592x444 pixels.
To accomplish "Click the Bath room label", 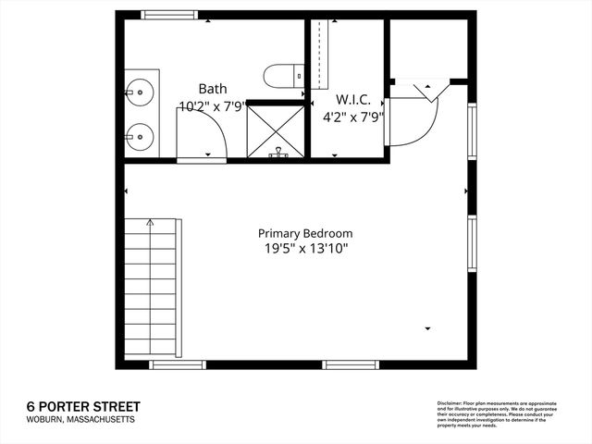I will [x=214, y=88].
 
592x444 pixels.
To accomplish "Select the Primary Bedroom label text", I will [x=304, y=234].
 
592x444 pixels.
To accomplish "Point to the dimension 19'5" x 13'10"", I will [x=304, y=249].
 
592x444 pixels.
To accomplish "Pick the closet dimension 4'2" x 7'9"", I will [x=352, y=117].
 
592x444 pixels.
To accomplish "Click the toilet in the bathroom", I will [x=282, y=75].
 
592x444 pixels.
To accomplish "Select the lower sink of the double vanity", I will [x=139, y=136].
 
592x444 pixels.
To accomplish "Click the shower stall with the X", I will [x=276, y=130].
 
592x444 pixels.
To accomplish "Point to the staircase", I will [x=150, y=287].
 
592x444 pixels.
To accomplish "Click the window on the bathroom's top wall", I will [x=169, y=15].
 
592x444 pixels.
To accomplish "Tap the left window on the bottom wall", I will [x=178, y=364].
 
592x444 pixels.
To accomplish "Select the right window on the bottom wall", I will [x=350, y=364].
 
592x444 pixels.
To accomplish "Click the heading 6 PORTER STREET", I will [x=83, y=406].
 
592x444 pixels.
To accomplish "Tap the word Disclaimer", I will [x=450, y=403].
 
